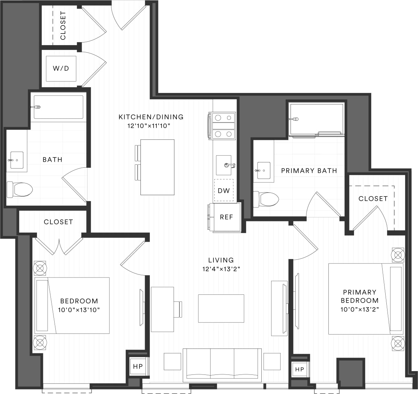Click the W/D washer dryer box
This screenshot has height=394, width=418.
(61, 68)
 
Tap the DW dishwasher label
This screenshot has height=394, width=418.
(224, 190)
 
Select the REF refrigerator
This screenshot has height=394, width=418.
(226, 217)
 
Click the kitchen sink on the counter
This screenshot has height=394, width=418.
(224, 165)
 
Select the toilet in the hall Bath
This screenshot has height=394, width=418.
(20, 189)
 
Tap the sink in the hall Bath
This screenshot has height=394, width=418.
(17, 160)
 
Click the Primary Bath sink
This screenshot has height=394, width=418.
(263, 170)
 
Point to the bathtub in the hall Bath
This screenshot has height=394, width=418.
(58, 107)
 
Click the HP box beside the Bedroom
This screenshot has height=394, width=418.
(138, 366)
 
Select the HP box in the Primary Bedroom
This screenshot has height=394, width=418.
(299, 369)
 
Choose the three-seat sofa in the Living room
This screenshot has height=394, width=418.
(222, 365)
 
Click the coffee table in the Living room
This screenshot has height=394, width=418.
(221, 308)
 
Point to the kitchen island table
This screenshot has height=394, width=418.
(157, 167)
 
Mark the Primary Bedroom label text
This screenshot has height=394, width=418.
(359, 296)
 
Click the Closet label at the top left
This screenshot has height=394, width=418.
(63, 26)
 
